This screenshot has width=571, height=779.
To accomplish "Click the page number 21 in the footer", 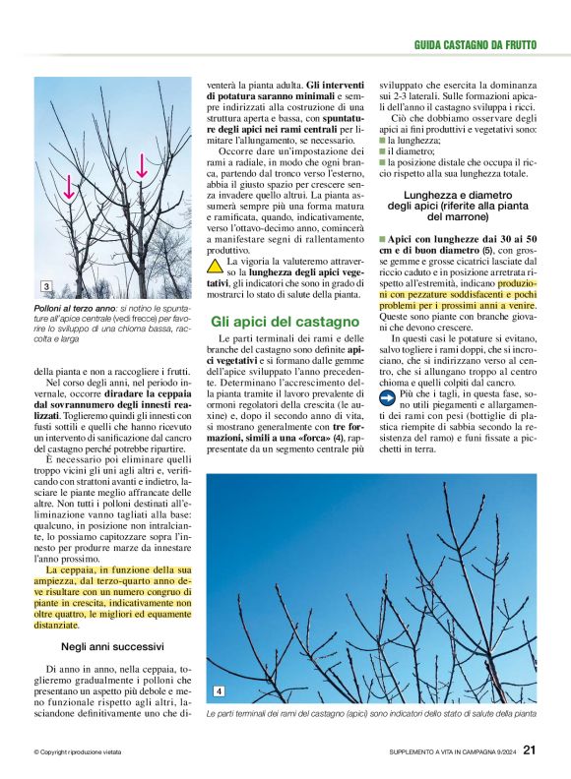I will click(x=530, y=750).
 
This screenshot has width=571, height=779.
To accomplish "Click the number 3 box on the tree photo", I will click(x=46, y=286).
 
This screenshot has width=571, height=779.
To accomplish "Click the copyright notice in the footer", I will click(x=77, y=751).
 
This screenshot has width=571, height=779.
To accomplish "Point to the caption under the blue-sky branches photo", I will click(x=371, y=713).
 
